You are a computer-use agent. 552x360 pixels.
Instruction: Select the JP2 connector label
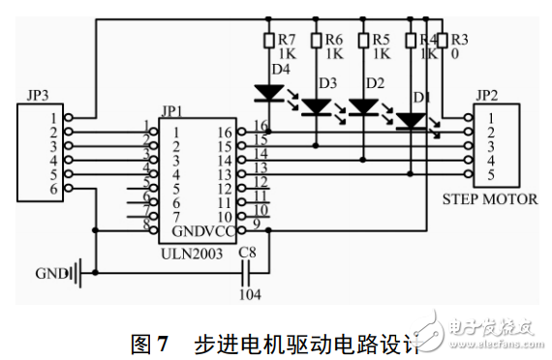(485, 96)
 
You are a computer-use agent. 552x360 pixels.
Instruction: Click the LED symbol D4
(268, 94)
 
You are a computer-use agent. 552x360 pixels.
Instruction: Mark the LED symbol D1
(412, 119)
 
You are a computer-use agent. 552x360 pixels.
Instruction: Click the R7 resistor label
(287, 40)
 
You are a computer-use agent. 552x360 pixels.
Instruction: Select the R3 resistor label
(459, 40)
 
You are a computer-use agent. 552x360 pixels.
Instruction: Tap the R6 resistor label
(334, 40)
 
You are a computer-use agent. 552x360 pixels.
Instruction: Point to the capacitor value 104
(251, 292)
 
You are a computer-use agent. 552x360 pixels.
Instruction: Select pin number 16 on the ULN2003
(225, 132)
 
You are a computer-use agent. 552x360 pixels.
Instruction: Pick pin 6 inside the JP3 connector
(55, 189)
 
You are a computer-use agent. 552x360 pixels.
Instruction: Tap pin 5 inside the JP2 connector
(492, 175)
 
